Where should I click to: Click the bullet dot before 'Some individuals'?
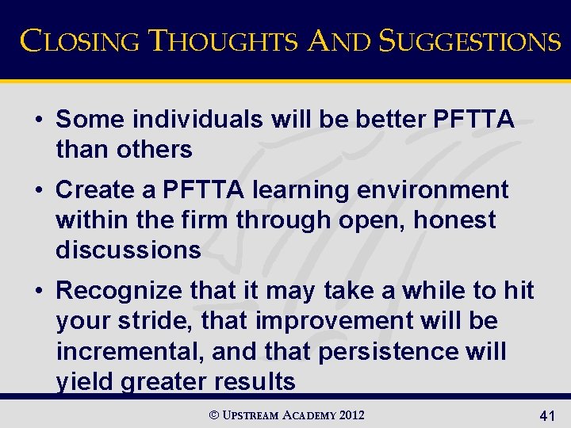point(38,120)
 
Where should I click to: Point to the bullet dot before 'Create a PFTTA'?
point(38,190)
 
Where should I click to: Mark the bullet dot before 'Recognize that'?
point(38,291)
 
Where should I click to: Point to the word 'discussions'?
point(128,250)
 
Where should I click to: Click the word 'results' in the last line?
point(253,381)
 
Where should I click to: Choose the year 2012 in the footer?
point(351,415)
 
